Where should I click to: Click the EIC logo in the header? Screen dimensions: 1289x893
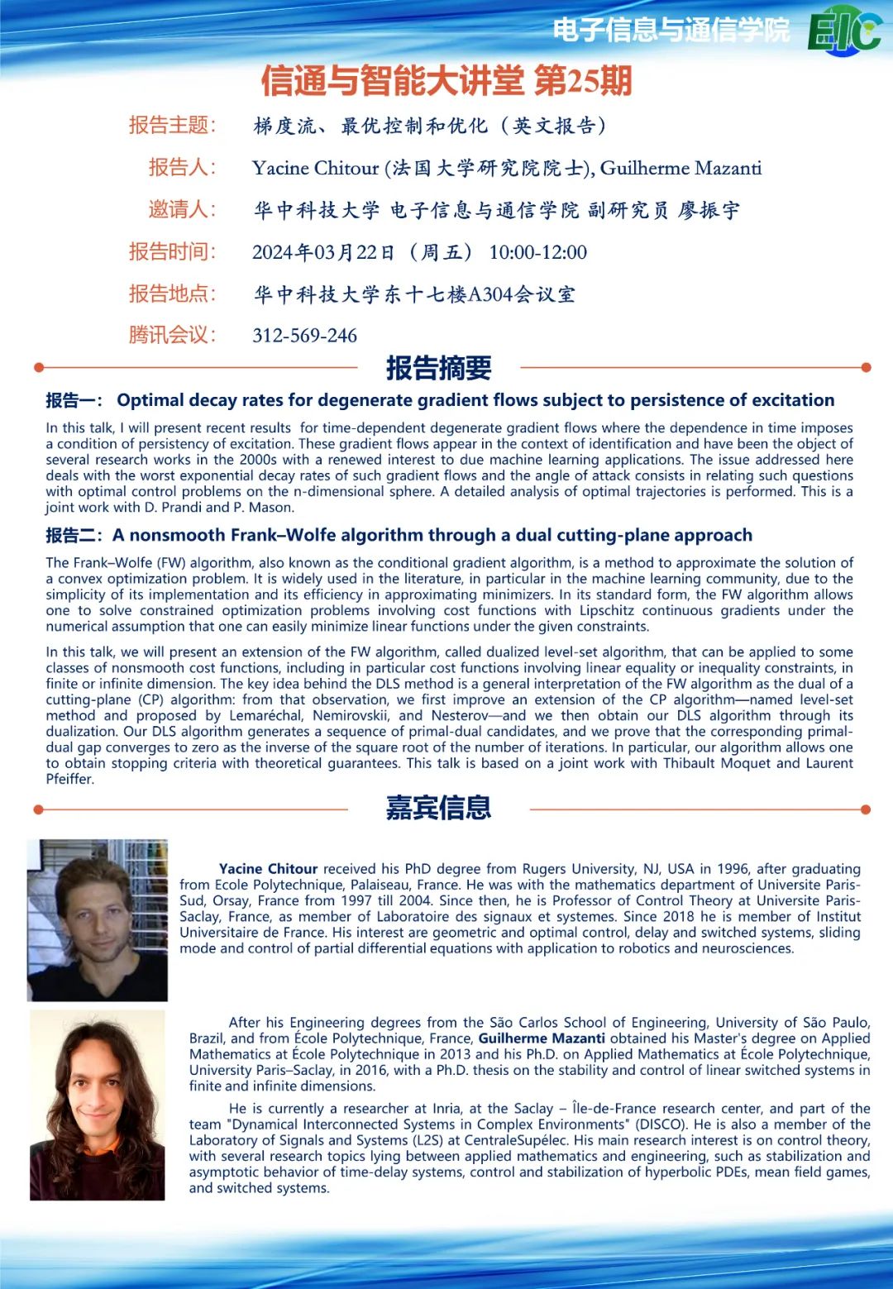[x=844, y=31]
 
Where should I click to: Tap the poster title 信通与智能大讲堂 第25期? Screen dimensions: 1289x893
[x=446, y=81]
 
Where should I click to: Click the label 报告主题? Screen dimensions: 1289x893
[x=172, y=125]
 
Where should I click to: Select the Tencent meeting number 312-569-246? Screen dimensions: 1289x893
[x=304, y=336]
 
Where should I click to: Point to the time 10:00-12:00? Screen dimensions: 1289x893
[x=537, y=252]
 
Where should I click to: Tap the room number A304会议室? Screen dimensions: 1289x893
[x=522, y=294]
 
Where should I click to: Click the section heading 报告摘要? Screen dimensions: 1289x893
[x=438, y=368]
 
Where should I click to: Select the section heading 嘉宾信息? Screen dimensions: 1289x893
[x=438, y=808]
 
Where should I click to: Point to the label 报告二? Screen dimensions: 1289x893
[x=74, y=536]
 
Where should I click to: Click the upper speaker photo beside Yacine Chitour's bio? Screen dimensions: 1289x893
[x=98, y=920]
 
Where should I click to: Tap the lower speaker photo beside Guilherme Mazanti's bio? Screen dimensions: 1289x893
[x=98, y=1105]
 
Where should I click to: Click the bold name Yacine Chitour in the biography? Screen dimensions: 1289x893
[x=268, y=869]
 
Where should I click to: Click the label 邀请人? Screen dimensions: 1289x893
[x=182, y=209]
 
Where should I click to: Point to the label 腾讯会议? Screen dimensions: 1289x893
[x=172, y=335]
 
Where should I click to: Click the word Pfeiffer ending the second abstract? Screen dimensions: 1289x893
[x=69, y=779]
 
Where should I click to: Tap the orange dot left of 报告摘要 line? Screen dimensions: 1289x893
[x=38, y=367]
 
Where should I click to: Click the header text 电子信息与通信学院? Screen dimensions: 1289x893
[x=671, y=31]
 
